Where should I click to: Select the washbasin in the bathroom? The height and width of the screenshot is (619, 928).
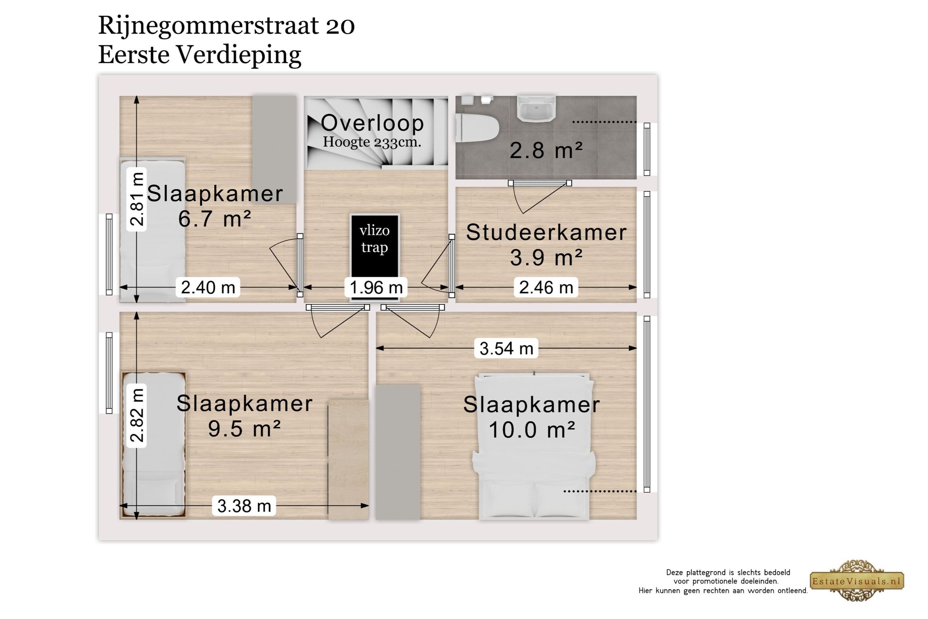(x=536, y=108)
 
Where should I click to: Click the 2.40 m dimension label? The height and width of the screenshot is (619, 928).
(x=208, y=287)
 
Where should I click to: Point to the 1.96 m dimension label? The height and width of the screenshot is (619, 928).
(x=376, y=287)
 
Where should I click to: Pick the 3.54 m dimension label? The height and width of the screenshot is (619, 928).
(x=506, y=348)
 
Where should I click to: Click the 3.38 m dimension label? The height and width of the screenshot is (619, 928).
(x=244, y=506)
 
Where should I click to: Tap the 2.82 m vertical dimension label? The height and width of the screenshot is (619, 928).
(x=137, y=415)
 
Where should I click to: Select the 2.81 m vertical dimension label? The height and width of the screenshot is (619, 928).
(x=137, y=199)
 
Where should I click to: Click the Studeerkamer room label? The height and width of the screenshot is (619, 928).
(x=546, y=233)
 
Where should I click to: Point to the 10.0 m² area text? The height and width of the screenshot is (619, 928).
(x=532, y=429)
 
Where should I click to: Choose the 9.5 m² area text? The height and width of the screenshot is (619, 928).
(x=244, y=429)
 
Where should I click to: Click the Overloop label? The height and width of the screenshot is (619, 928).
(x=372, y=123)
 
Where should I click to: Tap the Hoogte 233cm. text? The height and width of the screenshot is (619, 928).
(x=372, y=142)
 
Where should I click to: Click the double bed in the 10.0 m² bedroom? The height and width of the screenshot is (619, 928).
(x=534, y=447)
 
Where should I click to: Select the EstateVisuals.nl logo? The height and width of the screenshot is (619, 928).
(x=857, y=581)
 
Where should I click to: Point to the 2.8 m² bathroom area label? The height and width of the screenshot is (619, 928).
(x=546, y=150)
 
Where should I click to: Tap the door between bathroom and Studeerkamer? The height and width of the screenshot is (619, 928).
(x=540, y=184)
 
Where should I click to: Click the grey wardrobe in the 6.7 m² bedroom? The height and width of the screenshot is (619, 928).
(x=274, y=149)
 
